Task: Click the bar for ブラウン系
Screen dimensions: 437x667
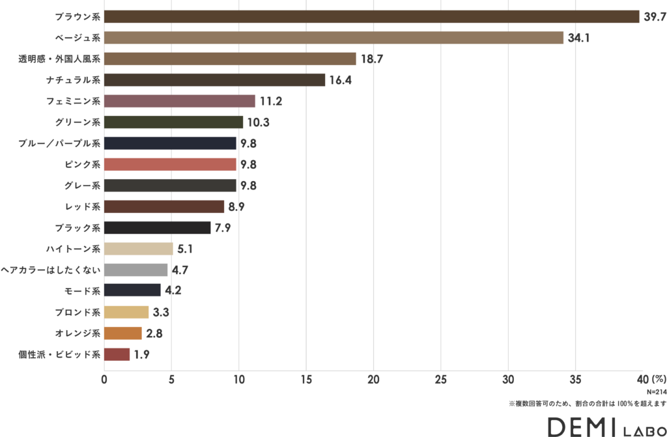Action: point(371,17)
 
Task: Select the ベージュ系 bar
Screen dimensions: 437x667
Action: point(333,38)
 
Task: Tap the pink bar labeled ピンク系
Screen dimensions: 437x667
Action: point(170,164)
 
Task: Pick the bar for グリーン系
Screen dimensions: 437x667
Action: point(173,122)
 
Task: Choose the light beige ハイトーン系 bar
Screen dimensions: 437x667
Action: point(138,249)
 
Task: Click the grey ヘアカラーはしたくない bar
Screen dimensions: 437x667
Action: point(135,270)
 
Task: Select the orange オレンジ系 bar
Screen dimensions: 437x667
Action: point(122,333)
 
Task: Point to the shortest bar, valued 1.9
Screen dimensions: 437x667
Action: point(117,354)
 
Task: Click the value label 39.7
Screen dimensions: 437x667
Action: point(654,17)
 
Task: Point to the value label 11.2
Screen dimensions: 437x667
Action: point(271,101)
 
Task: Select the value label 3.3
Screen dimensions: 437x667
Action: point(161,312)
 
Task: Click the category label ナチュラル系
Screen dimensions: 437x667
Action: point(74,80)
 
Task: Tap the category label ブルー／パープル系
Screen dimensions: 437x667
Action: point(59,143)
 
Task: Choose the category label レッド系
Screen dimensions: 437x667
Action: point(83,206)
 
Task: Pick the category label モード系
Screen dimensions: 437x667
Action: point(83,291)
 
